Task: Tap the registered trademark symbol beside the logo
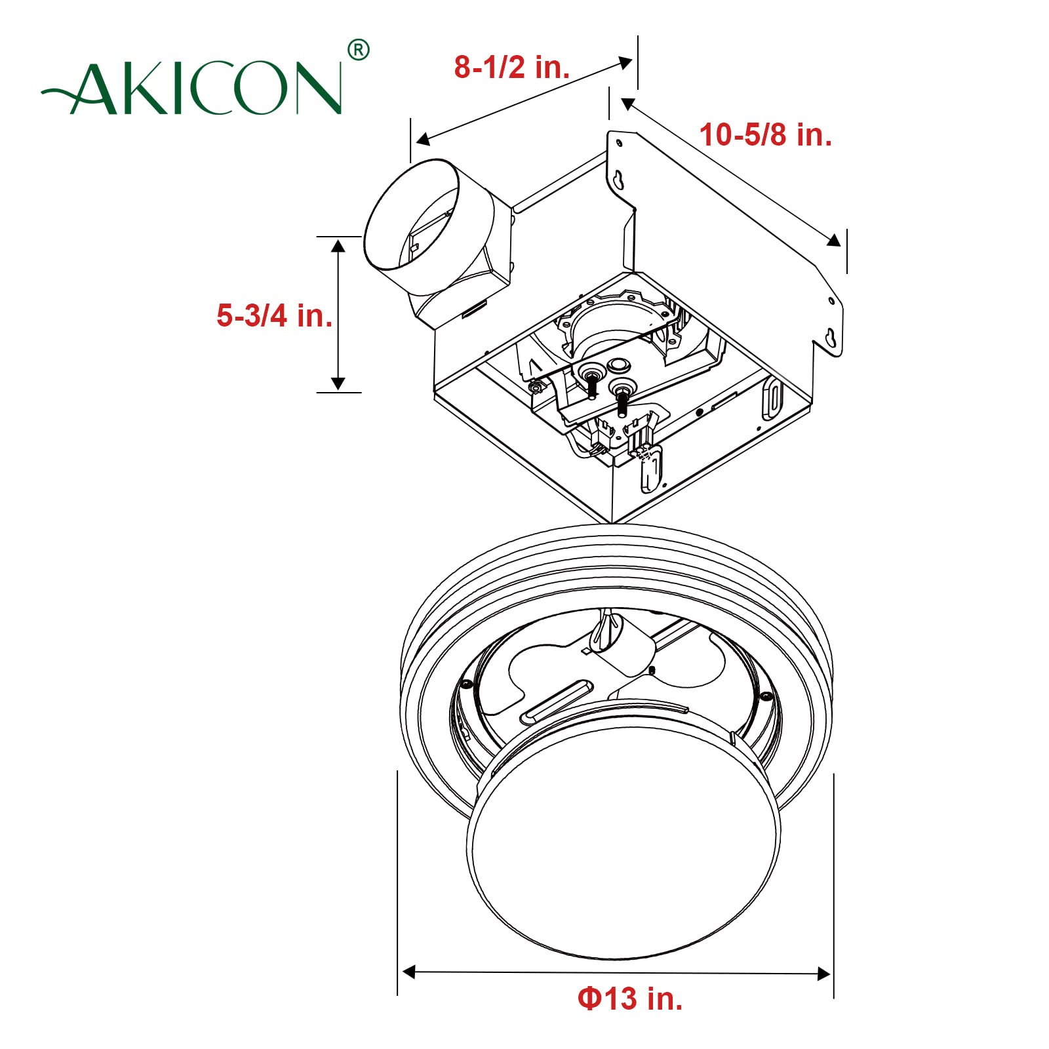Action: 357,50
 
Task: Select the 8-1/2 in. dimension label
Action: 512,67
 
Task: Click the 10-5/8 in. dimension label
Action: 765,135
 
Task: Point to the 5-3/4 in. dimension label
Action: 274,315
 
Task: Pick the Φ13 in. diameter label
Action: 629,999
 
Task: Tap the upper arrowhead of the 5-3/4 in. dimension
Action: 338,245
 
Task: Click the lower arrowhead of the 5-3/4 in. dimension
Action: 338,384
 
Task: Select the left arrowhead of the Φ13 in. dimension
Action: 408,972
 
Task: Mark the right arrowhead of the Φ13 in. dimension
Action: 824,974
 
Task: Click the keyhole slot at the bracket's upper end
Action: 619,178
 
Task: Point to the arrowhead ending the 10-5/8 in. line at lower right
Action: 833,240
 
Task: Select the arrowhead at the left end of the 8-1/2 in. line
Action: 423,139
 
